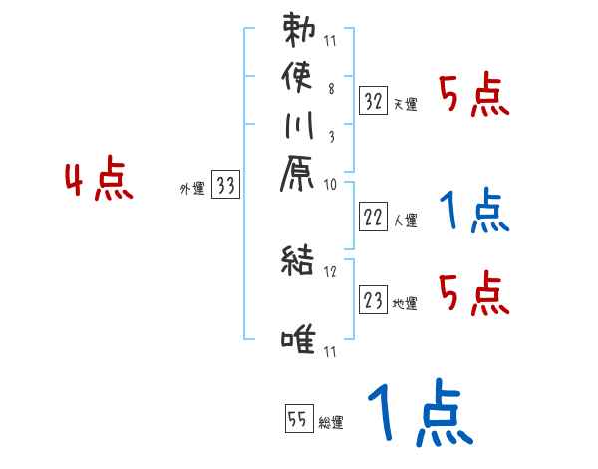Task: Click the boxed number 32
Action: [374, 101]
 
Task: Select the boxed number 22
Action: [374, 217]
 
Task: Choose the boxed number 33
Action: [226, 185]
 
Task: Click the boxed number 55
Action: [297, 420]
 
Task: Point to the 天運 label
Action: [405, 104]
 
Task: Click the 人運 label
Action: [405, 220]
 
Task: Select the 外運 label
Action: [192, 188]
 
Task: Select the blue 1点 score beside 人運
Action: [473, 209]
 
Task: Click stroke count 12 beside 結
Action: [331, 270]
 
